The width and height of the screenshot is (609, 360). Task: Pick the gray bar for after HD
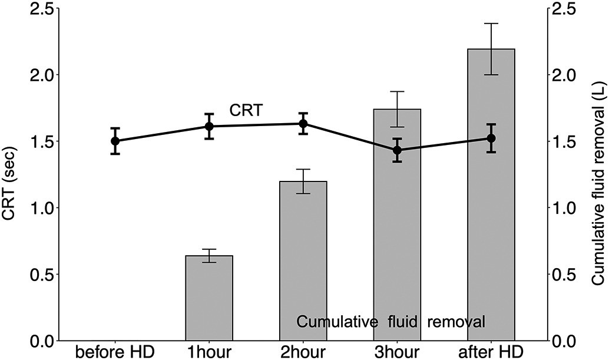pos(491,194)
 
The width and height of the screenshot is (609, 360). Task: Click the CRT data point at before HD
pos(115,141)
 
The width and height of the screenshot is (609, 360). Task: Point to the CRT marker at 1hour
pos(209,126)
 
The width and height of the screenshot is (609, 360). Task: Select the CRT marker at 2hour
pos(303,124)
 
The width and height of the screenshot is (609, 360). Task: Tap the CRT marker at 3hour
pos(398,150)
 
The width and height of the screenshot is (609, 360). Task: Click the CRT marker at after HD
pos(491,138)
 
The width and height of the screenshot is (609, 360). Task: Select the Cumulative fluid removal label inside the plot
pos(390,322)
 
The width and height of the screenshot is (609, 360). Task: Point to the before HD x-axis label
pos(115,352)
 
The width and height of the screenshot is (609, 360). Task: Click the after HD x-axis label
pos(491,352)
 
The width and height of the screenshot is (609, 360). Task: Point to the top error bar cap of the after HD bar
pos(491,24)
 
